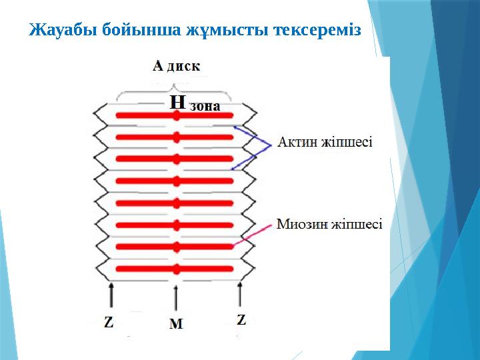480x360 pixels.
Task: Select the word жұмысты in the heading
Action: point(219,31)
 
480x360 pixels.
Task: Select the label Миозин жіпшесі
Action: point(329,225)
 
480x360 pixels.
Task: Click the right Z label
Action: point(241,320)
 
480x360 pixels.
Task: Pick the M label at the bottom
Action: point(176,324)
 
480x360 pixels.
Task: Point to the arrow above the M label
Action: point(176,299)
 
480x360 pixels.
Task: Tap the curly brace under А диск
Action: point(175,87)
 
